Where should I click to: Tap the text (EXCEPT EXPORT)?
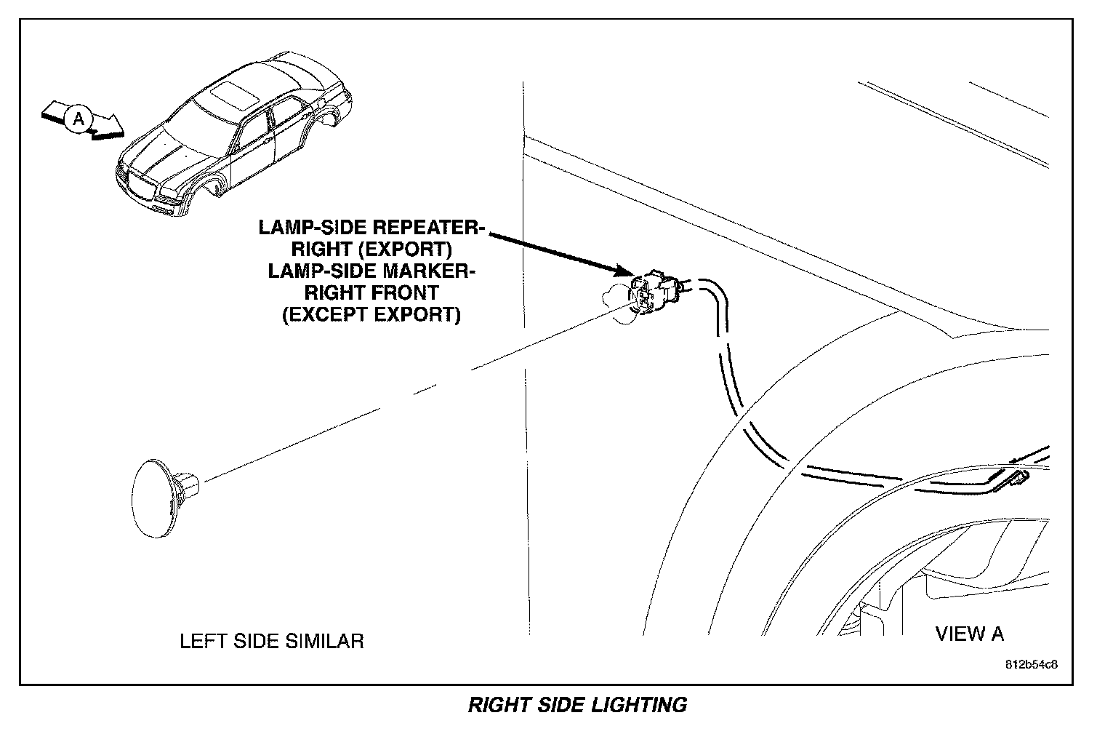[x=371, y=315]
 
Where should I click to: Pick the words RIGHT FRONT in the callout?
[x=371, y=293]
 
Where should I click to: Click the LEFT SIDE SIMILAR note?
[x=271, y=641]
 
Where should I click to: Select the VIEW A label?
[x=969, y=634]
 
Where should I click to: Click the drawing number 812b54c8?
[x=1031, y=666]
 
